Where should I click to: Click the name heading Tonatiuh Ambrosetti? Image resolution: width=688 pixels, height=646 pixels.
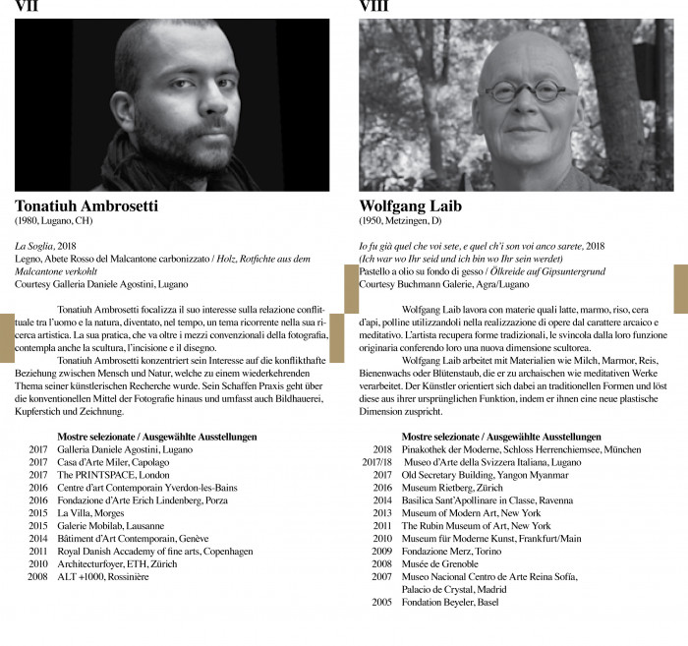coord(86,206)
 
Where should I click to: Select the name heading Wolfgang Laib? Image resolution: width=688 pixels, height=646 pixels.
coord(411,206)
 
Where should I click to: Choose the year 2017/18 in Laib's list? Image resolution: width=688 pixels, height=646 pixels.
coord(376,461)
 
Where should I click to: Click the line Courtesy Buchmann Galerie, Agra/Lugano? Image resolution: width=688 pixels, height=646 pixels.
coord(443,283)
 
